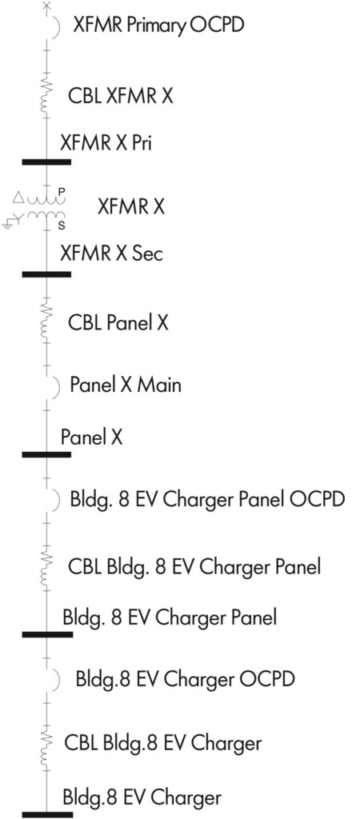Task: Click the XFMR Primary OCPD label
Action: pos(158,25)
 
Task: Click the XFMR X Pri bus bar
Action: pos(46,162)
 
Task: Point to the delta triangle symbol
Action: pos(18,198)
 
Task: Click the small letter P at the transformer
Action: pos(61,192)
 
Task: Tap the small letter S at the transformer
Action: pos(61,226)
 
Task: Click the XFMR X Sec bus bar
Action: pos(46,274)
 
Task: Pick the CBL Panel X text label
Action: pos(118,323)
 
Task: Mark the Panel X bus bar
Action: pos(46,454)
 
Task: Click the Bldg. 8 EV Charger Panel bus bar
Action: pos(47,634)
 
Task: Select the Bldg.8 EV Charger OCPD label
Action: pos(186,680)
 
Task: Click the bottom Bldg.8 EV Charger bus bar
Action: pos(47,814)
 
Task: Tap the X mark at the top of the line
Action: pos(46,6)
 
